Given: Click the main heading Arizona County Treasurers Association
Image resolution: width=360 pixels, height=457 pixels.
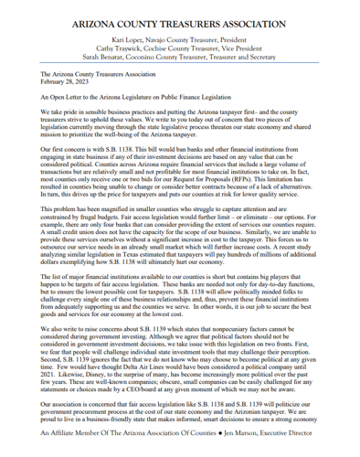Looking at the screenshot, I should point(179,15).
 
